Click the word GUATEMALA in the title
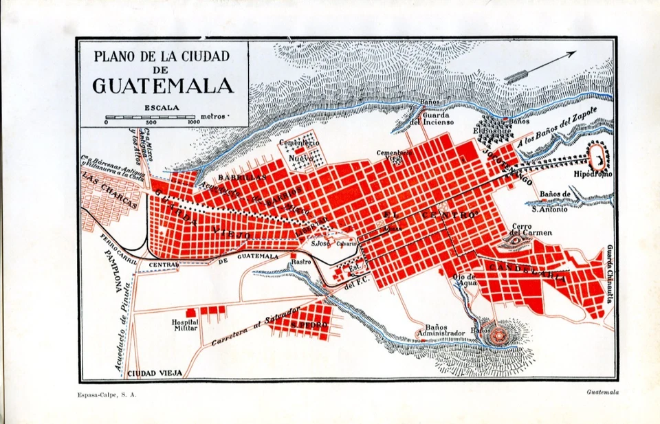point(162,86)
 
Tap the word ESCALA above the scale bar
point(162,108)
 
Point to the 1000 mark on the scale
point(193,122)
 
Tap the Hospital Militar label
point(185,325)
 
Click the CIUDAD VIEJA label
point(155,373)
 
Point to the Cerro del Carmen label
point(531,230)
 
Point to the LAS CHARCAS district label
point(110,189)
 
